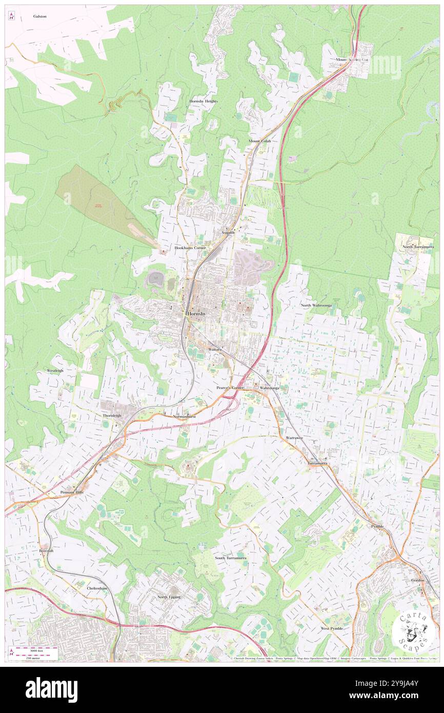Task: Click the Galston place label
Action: [40, 16]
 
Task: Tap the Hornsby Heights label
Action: [204, 102]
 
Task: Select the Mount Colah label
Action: [259, 141]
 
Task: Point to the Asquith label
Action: [228, 232]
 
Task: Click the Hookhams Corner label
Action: [190, 247]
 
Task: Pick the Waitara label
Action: [215, 349]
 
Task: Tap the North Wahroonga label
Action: [316, 305]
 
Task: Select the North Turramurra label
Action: [418, 247]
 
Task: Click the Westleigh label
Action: [55, 370]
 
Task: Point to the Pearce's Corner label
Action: [229, 388]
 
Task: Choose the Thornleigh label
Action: [112, 415]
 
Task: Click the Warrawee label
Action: [294, 438]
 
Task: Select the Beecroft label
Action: [46, 550]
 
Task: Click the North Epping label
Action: [169, 597]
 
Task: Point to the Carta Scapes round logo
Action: [410, 630]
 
